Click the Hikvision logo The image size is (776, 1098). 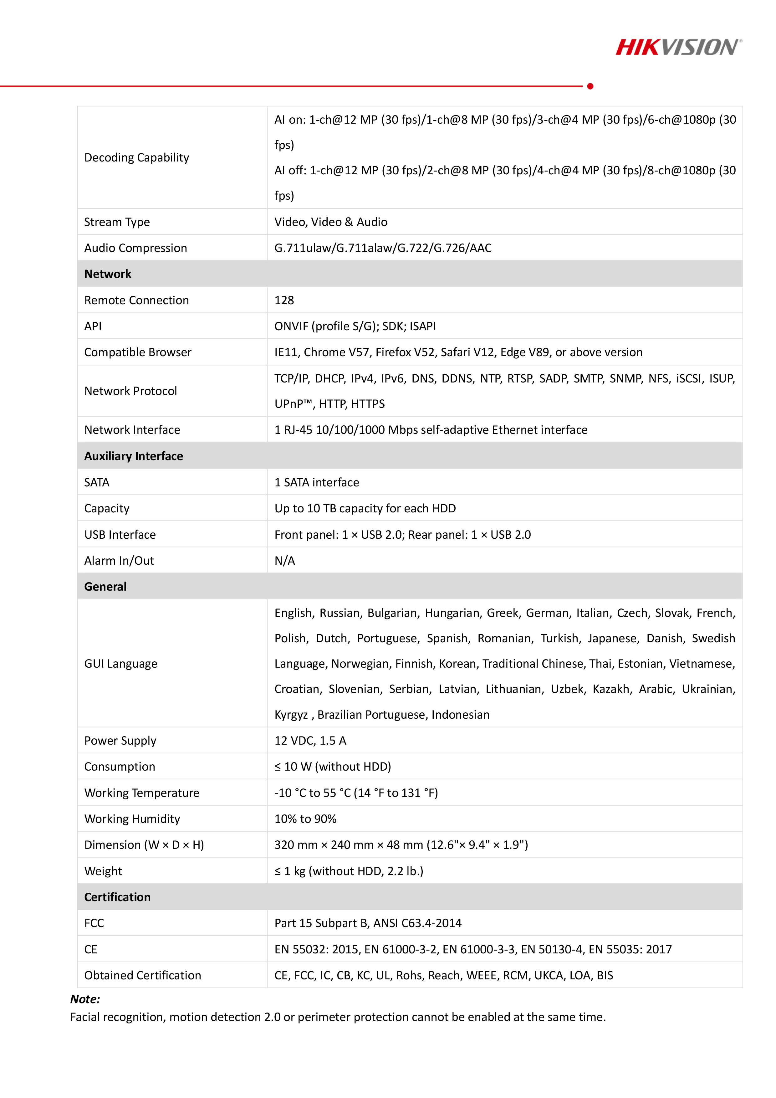(x=678, y=47)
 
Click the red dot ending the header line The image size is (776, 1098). (x=590, y=86)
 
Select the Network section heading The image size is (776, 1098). (x=108, y=274)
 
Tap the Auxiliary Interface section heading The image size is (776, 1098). (x=133, y=456)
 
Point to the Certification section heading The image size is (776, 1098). (x=117, y=897)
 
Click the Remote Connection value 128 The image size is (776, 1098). (x=284, y=300)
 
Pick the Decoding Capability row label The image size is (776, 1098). (x=137, y=157)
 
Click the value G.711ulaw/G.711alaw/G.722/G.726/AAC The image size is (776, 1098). (x=382, y=248)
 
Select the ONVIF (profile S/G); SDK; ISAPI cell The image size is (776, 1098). (x=355, y=326)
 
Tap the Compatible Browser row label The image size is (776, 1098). (x=138, y=352)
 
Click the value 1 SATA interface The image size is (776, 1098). (x=317, y=483)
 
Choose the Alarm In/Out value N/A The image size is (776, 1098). (x=284, y=561)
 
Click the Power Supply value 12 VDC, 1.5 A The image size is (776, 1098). (x=310, y=741)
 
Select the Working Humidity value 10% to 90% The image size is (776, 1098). (x=305, y=819)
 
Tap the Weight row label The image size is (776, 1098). (x=103, y=871)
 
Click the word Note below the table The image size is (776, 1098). (x=84, y=999)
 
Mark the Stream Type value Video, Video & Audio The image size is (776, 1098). (x=330, y=222)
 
